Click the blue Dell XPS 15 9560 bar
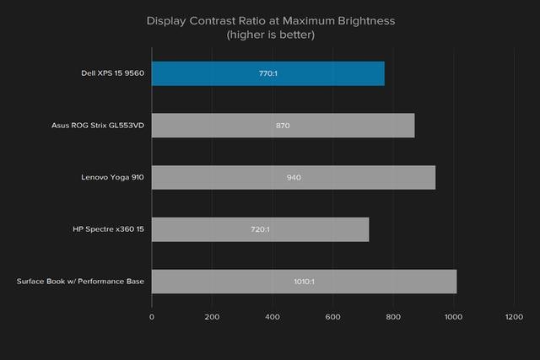[267, 73]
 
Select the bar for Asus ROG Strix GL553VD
[283, 125]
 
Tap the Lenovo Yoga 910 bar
[293, 177]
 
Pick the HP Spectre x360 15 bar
[260, 229]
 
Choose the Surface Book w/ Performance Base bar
[304, 282]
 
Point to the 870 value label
[283, 125]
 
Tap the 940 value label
[294, 177]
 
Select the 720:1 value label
[260, 229]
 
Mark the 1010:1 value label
[303, 282]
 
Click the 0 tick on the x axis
[152, 317]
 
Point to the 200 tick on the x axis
[212, 317]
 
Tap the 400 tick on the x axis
[272, 317]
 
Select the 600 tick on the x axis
[332, 317]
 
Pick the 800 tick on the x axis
[392, 317]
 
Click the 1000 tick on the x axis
[452, 317]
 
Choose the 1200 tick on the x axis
[512, 317]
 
